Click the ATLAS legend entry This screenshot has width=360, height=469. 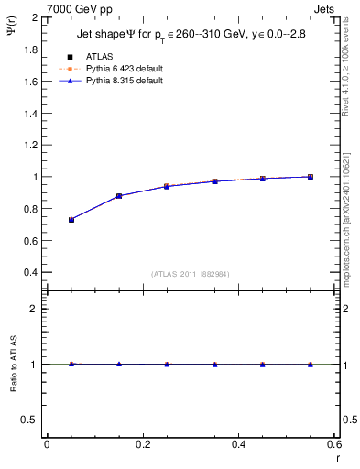(x=100, y=57)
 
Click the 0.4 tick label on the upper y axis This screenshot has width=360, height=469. (x=31, y=273)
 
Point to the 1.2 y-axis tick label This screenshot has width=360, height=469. (x=31, y=146)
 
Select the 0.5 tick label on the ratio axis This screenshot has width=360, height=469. (x=31, y=420)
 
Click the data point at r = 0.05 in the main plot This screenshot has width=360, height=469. (x=71, y=220)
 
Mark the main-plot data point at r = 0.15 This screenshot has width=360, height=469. (x=119, y=196)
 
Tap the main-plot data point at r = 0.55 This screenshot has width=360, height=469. (x=311, y=177)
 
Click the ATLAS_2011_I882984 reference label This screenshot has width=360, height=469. (x=191, y=274)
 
